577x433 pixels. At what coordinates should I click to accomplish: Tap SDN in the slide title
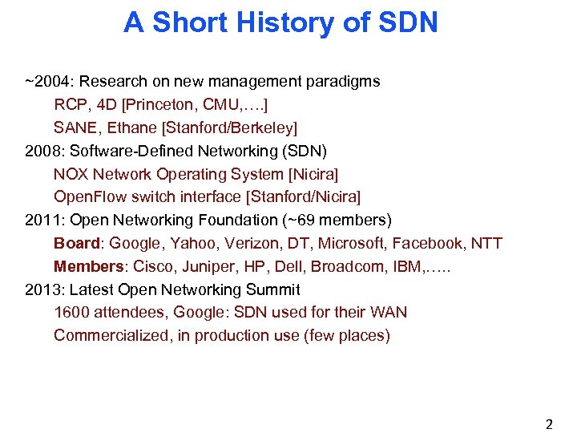(x=406, y=22)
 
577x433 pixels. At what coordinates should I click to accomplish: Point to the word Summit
(x=273, y=289)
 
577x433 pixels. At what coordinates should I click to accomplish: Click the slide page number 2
(x=549, y=425)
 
